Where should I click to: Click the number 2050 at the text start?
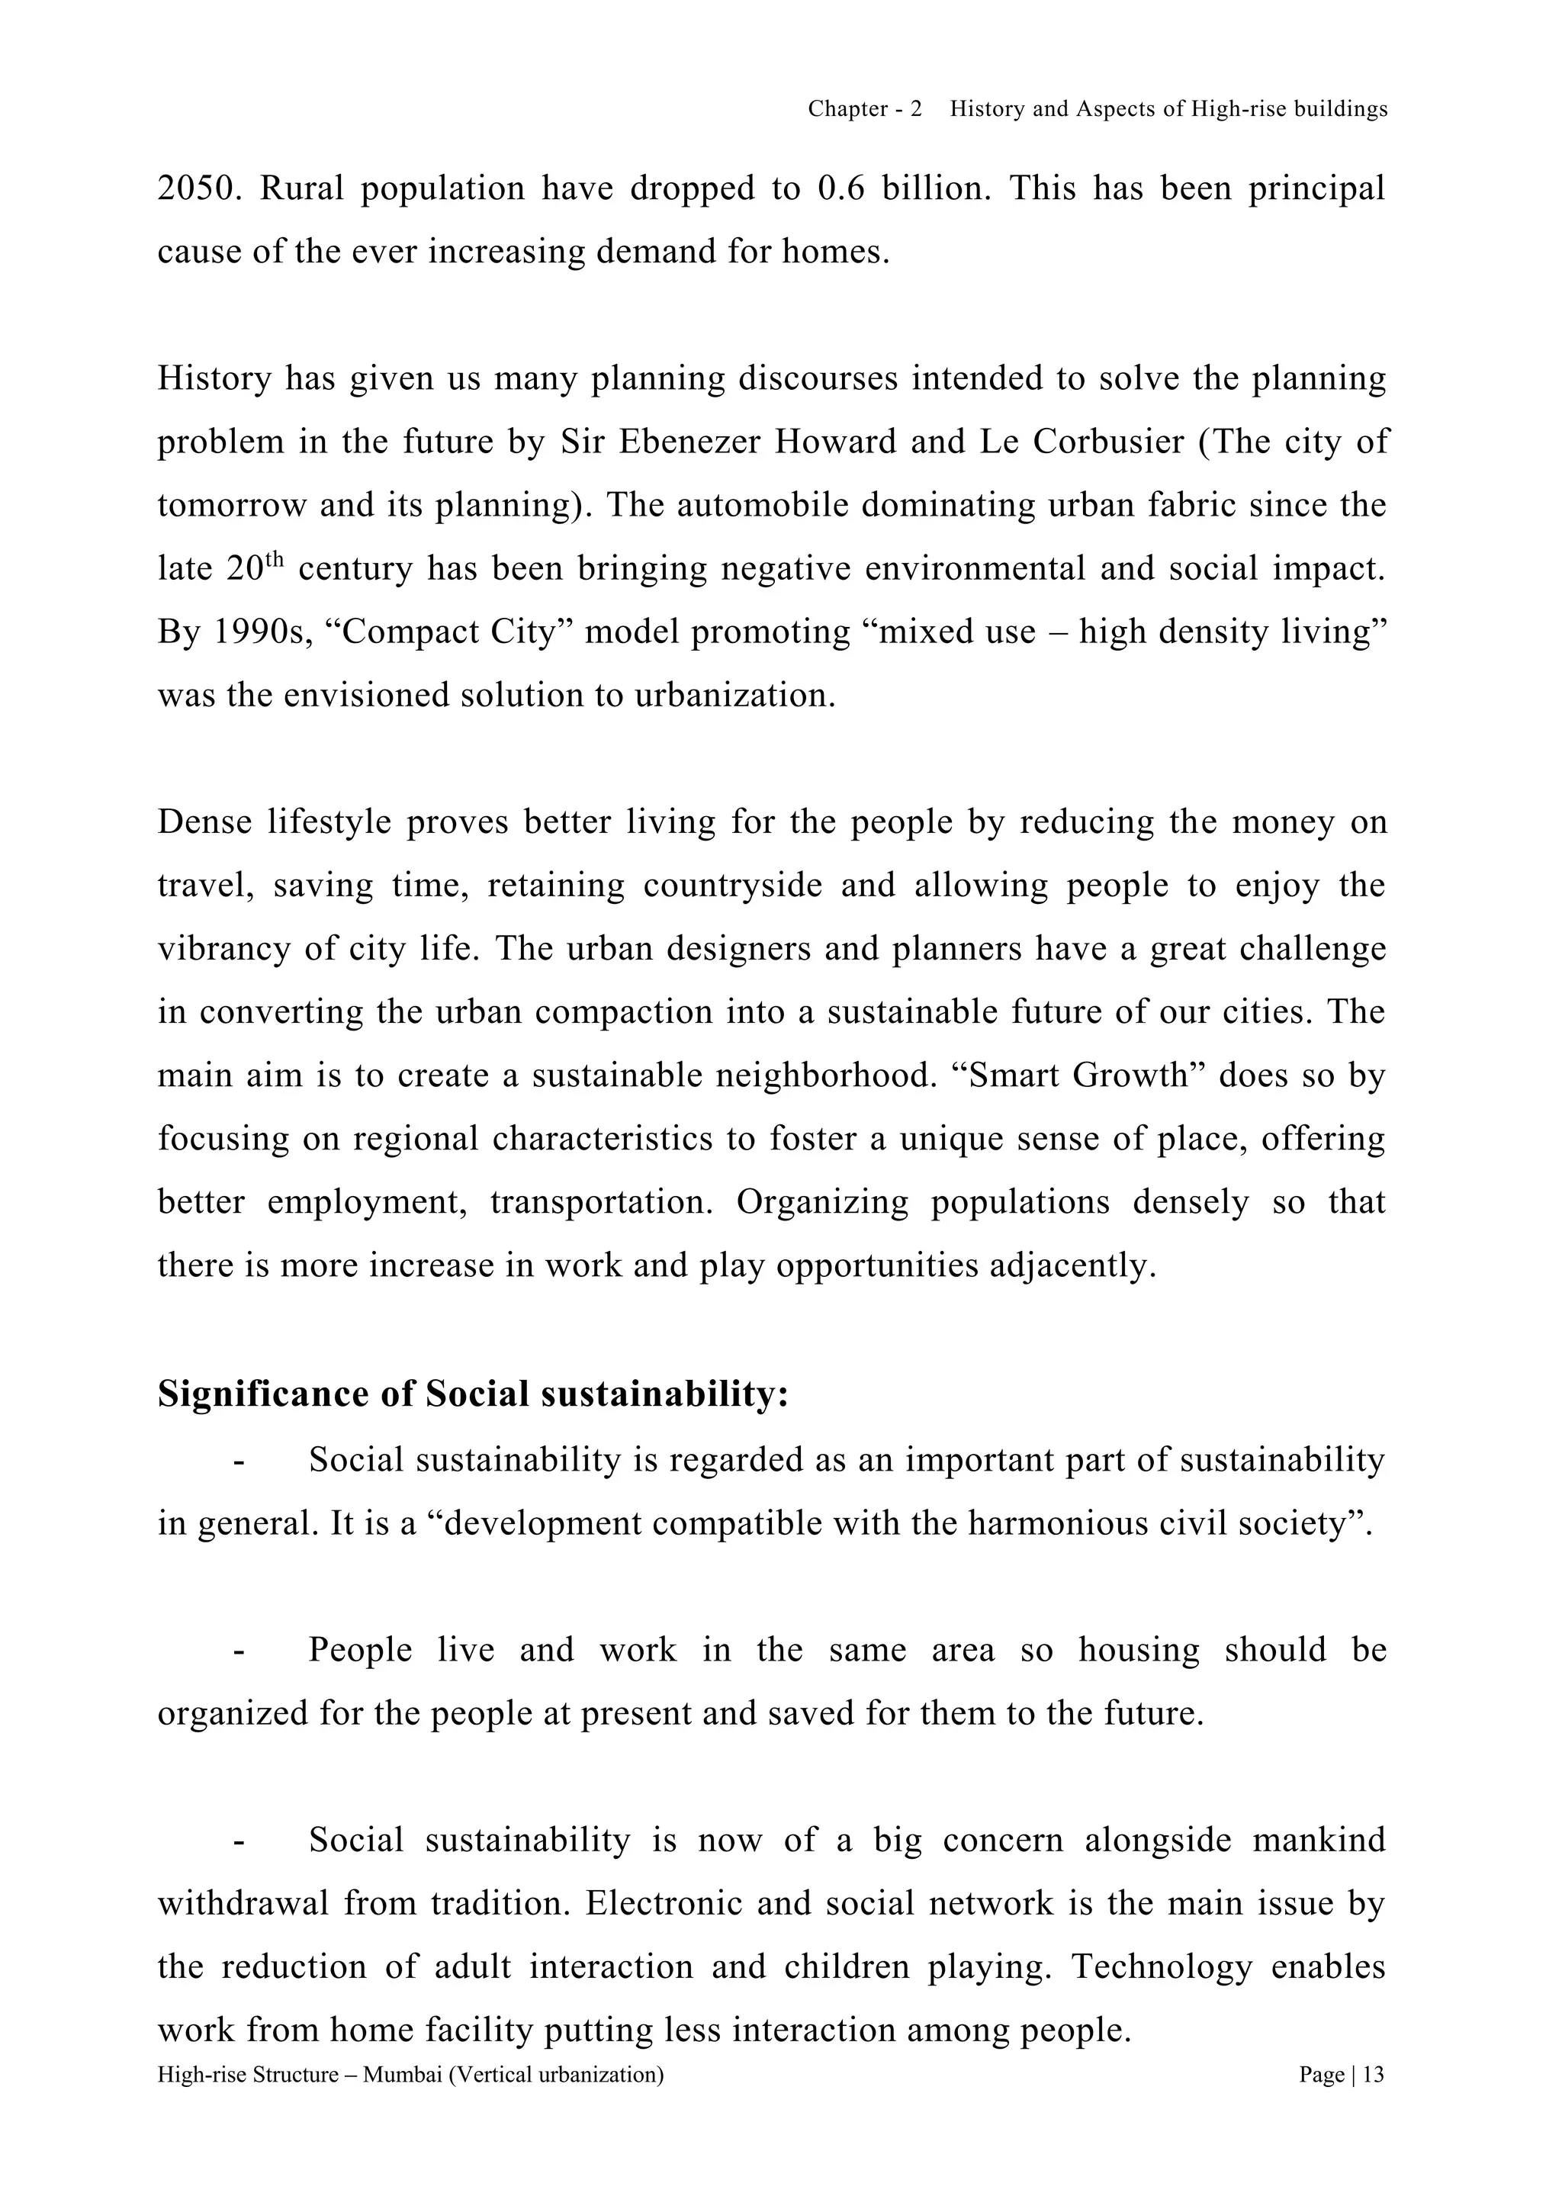click(195, 188)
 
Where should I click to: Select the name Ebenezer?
click(689, 442)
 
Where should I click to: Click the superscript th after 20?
click(276, 559)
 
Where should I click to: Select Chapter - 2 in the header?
click(863, 110)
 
